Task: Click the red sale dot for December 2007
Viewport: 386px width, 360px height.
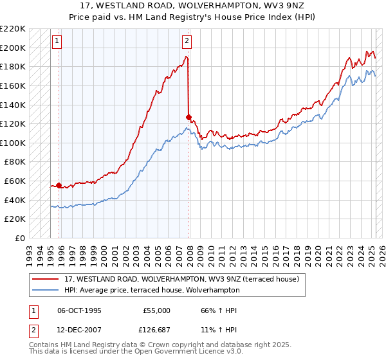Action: pos(188,117)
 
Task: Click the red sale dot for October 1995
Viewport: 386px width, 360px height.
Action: pos(59,185)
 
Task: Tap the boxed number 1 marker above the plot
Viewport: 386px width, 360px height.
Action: pos(57,41)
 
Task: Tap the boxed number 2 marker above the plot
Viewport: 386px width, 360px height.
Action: pos(187,41)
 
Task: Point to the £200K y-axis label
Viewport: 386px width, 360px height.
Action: pos(13,48)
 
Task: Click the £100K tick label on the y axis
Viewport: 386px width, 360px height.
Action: pos(13,143)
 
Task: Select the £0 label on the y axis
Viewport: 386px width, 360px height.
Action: pos(19,238)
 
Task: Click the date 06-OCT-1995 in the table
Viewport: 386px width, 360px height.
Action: pos(79,310)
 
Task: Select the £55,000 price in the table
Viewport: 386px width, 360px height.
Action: pos(156,310)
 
